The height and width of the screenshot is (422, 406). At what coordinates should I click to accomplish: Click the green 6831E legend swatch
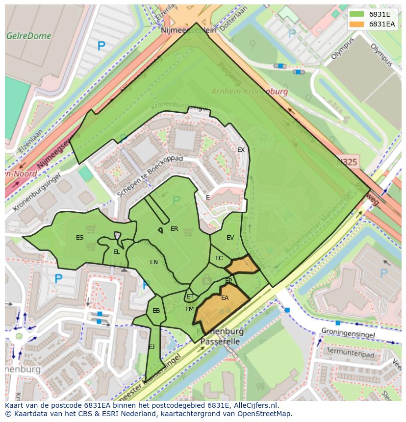tap(356, 14)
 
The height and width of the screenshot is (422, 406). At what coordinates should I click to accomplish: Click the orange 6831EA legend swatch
tap(356, 24)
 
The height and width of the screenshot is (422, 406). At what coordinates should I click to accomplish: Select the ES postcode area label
tap(79, 238)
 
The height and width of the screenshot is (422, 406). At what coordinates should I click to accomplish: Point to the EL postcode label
tap(116, 252)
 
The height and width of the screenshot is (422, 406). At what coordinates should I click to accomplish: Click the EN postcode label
tap(154, 262)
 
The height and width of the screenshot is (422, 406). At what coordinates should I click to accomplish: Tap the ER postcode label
tap(174, 229)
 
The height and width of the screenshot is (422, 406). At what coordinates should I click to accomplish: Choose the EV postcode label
tap(230, 238)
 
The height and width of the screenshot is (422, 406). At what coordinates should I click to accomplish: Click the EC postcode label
tap(219, 258)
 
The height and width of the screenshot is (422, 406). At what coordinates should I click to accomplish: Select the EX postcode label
tap(241, 150)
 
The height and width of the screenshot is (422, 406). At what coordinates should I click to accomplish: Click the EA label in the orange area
tap(225, 298)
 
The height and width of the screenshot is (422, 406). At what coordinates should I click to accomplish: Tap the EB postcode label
tap(156, 311)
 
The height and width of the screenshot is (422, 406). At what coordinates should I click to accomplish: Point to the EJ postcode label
tap(152, 347)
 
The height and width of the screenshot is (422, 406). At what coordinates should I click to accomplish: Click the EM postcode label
tap(189, 309)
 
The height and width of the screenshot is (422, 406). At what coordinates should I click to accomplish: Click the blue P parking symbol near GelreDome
tap(101, 47)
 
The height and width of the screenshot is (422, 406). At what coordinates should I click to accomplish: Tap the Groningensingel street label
tap(348, 334)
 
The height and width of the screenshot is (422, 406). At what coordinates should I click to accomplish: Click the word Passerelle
tap(220, 341)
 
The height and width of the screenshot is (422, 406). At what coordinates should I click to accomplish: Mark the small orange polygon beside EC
tap(242, 265)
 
